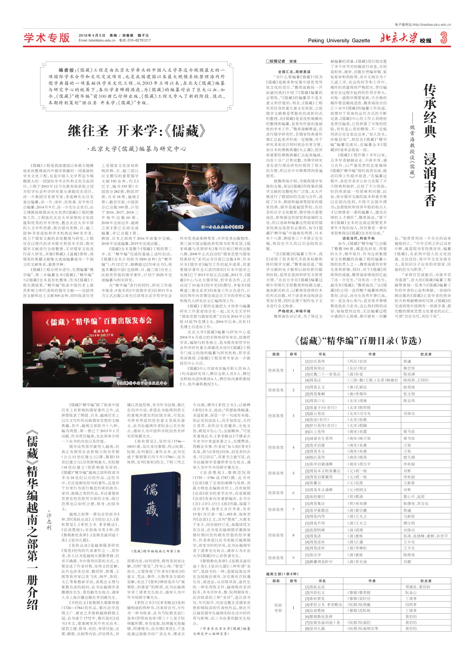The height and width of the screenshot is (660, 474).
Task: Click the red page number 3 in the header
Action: click(x=444, y=38)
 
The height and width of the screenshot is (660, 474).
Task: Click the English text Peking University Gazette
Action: click(x=339, y=40)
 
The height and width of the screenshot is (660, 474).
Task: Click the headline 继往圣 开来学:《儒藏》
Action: click(x=137, y=131)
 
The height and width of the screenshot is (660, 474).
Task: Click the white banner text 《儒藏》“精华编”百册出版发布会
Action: click(x=98, y=321)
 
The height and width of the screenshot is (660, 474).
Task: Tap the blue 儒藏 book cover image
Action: click(x=156, y=507)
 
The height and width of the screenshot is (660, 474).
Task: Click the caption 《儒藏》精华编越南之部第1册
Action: click(x=155, y=551)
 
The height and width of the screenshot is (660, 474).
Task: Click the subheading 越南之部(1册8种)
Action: click(x=282, y=574)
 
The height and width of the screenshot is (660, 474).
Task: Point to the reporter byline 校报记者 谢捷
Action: click(x=281, y=62)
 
